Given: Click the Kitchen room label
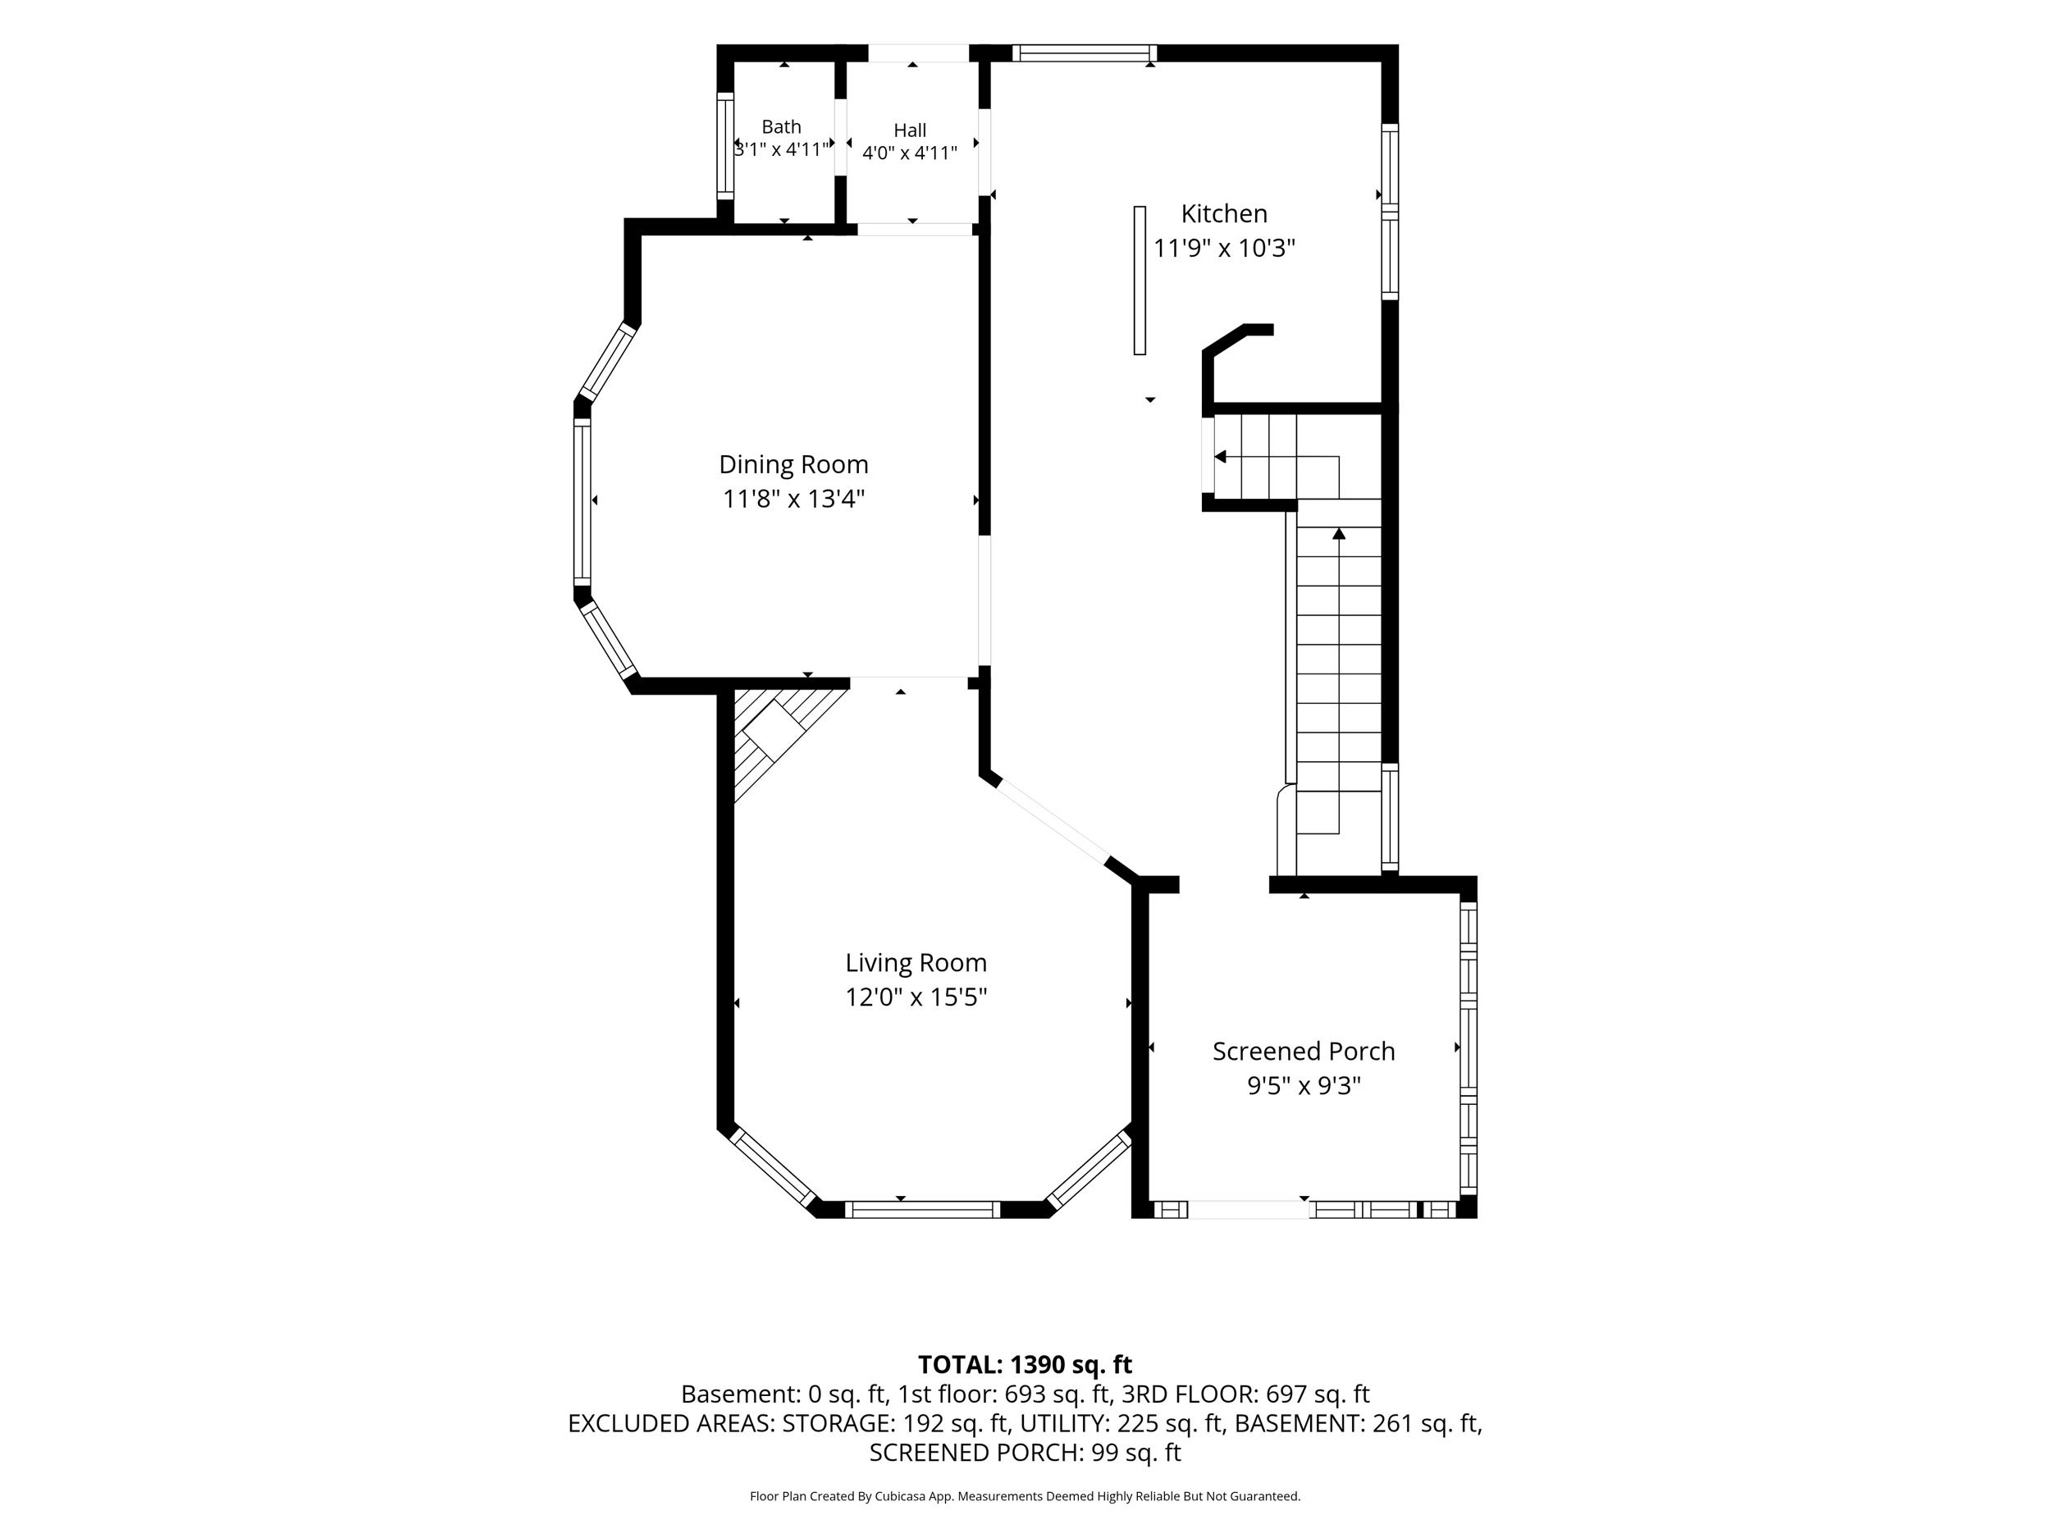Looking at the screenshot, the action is click(x=1224, y=214).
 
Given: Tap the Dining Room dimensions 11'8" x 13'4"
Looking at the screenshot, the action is click(x=793, y=500).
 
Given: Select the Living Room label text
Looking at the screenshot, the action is click(x=916, y=963).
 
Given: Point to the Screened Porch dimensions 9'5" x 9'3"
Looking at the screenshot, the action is click(x=1304, y=1085).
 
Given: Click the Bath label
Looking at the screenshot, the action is click(x=782, y=127).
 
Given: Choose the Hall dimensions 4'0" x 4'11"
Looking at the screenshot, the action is click(x=910, y=153).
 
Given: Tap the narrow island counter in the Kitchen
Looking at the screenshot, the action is click(x=1140, y=280).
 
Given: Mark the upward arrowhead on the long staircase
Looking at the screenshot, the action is click(x=1339, y=533).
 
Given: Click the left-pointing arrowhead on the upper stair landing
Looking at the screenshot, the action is click(x=1220, y=456).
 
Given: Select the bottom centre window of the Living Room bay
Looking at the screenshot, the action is click(x=923, y=1210).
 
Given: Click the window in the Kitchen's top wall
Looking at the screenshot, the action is click(x=1085, y=52).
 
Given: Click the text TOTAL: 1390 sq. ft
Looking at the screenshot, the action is click(x=1025, y=1365).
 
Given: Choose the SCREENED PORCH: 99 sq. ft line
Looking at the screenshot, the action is click(x=1025, y=1453).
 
